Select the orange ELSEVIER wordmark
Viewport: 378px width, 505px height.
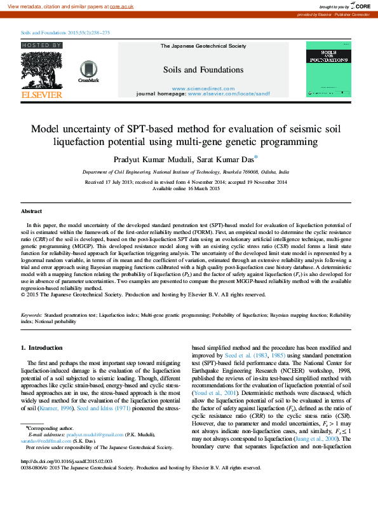click(42, 95)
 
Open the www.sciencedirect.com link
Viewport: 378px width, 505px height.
click(203, 88)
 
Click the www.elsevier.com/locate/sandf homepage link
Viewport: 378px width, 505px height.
click(228, 93)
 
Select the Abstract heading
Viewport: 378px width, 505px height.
click(31, 211)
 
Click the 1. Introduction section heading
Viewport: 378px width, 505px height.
click(42, 348)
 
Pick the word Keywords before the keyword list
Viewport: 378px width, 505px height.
click(32, 315)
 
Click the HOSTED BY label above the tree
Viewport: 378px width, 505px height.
click(42, 46)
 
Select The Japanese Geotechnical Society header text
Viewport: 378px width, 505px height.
click(203, 46)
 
